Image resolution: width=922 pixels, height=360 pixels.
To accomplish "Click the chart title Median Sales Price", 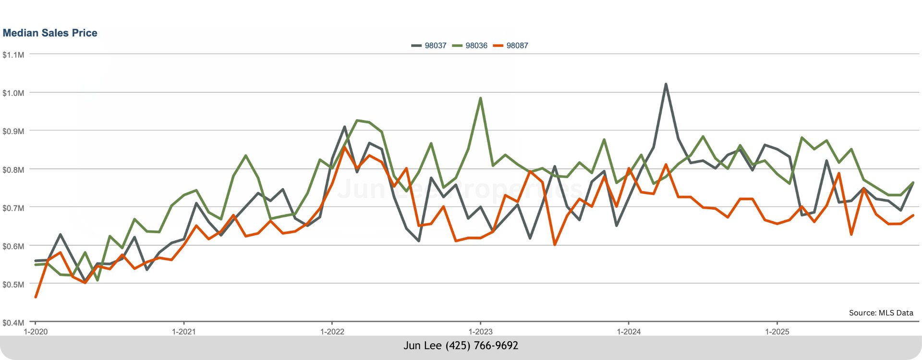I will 50,33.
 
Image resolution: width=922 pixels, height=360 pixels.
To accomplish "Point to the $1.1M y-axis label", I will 13,55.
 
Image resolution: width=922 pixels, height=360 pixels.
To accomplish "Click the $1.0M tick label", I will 13,93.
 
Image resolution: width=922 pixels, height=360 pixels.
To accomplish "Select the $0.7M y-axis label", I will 13,208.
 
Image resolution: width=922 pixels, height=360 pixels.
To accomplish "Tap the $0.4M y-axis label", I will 13,323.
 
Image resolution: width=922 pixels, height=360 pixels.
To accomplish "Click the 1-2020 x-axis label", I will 36,332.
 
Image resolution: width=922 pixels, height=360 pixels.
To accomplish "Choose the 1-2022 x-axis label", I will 332,332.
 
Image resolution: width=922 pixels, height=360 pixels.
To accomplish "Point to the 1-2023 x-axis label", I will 480,332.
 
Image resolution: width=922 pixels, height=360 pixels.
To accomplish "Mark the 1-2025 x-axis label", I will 777,332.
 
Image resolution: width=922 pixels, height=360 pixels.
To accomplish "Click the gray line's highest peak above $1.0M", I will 666,84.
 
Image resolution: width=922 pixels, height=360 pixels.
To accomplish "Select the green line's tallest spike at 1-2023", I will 480,98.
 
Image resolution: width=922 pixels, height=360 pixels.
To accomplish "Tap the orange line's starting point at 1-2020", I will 36,297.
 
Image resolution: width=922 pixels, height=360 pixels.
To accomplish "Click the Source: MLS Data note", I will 881,313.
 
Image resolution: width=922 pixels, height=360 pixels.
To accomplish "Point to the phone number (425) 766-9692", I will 482,346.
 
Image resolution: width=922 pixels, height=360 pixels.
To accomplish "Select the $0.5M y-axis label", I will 13,284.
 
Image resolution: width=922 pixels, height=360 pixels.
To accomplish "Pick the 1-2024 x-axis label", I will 629,332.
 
